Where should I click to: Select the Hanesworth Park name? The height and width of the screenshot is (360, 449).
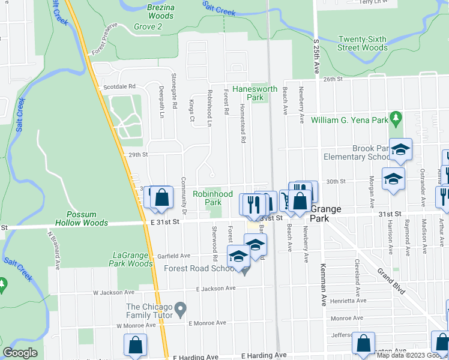click(x=255, y=93)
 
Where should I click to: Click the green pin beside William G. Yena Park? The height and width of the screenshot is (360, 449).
click(x=395, y=116)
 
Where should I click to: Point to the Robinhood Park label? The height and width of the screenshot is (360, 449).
click(x=212, y=198)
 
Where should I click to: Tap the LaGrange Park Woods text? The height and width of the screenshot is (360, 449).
click(x=132, y=259)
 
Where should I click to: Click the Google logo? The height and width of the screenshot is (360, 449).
click(x=20, y=353)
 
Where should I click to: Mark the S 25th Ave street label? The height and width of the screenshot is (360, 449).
click(x=316, y=55)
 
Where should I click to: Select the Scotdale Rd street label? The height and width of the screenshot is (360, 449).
click(x=119, y=86)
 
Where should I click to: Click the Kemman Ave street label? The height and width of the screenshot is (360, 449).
click(x=324, y=277)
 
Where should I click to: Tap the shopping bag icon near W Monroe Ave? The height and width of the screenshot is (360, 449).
click(x=135, y=344)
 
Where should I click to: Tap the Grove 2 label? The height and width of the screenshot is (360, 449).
click(x=148, y=27)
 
